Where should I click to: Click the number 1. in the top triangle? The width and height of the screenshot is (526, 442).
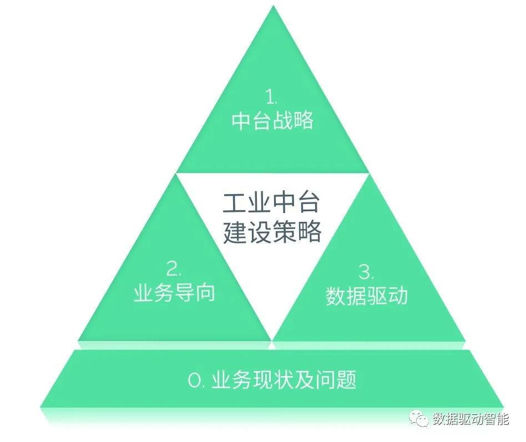tap(271, 98)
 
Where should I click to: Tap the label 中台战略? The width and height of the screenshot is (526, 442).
tap(272, 121)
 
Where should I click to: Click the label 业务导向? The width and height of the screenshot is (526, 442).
tap(174, 293)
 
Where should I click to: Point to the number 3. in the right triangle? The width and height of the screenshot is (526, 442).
tap(366, 272)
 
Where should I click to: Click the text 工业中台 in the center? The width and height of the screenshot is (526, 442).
tap(271, 204)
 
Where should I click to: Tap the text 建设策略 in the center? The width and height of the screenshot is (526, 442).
tap(272, 232)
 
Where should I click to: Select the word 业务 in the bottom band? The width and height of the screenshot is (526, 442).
tap(231, 380)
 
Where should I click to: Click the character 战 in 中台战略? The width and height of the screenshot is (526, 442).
tap(282, 121)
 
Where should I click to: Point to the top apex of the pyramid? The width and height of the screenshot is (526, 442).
tap(272, 7)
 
